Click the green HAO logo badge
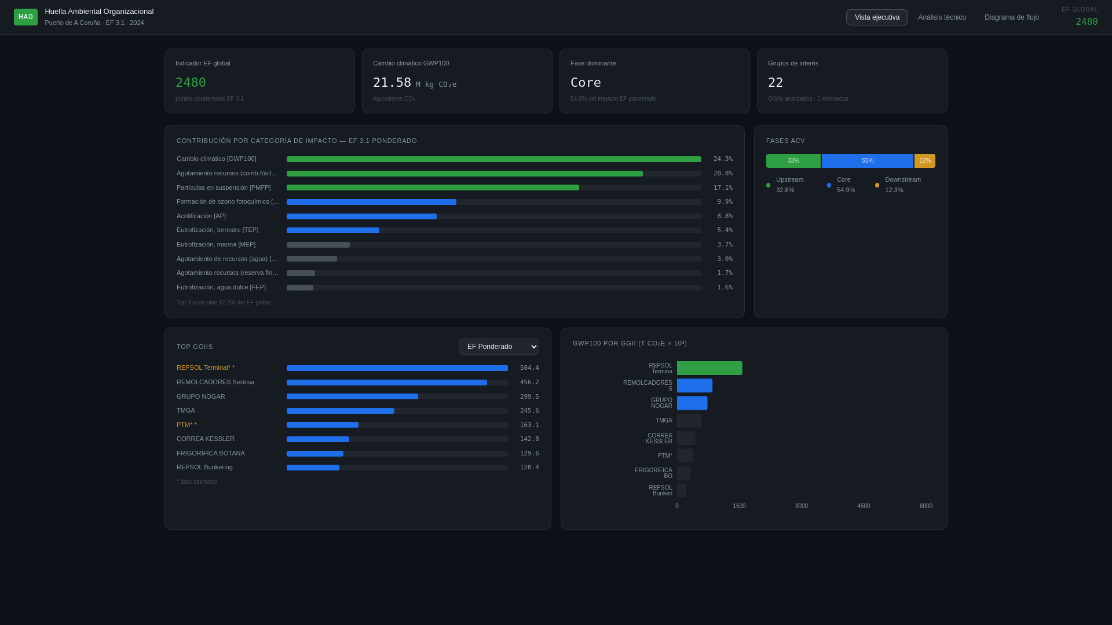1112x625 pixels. [25, 17]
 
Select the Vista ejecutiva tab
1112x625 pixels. [877, 17]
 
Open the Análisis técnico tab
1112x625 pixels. [942, 17]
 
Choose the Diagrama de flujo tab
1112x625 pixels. [1011, 17]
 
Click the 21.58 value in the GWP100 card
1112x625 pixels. [392, 83]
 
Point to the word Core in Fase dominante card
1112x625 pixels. [586, 83]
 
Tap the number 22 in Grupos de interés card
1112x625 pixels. [776, 83]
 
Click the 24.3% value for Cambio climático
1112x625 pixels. [723, 159]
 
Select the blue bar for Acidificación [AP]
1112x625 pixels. [361, 216]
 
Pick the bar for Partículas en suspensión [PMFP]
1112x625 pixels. [433, 187]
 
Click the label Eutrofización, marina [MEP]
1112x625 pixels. [216, 245]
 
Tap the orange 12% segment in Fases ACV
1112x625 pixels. [924, 161]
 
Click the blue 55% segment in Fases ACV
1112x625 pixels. [867, 161]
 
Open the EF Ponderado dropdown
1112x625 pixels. [499, 347]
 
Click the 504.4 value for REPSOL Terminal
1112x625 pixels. [529, 368]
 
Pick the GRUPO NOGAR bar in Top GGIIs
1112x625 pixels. [352, 397]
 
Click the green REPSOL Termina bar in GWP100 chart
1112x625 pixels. [709, 368]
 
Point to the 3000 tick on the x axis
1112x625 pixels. [801, 506]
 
